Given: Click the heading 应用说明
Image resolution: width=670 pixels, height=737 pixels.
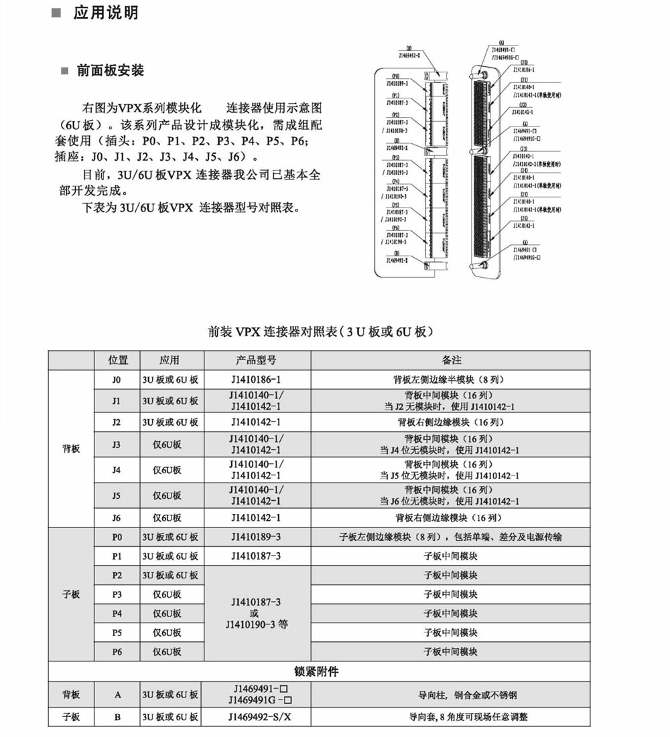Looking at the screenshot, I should pos(105,13).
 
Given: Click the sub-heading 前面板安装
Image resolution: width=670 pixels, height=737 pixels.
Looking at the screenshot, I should pos(110,71).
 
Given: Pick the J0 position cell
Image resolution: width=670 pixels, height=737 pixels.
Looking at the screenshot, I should pos(117,380).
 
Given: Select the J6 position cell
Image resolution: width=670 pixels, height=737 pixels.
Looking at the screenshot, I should pos(117,517).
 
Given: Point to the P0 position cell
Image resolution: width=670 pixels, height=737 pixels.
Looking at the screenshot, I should pos(117,537).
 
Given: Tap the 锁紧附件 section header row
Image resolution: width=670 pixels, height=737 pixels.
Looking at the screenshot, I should pos(320,671).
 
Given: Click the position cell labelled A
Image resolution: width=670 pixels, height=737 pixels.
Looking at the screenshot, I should pos(117,695).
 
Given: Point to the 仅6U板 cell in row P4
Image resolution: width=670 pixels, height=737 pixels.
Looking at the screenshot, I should pos(167,613).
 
